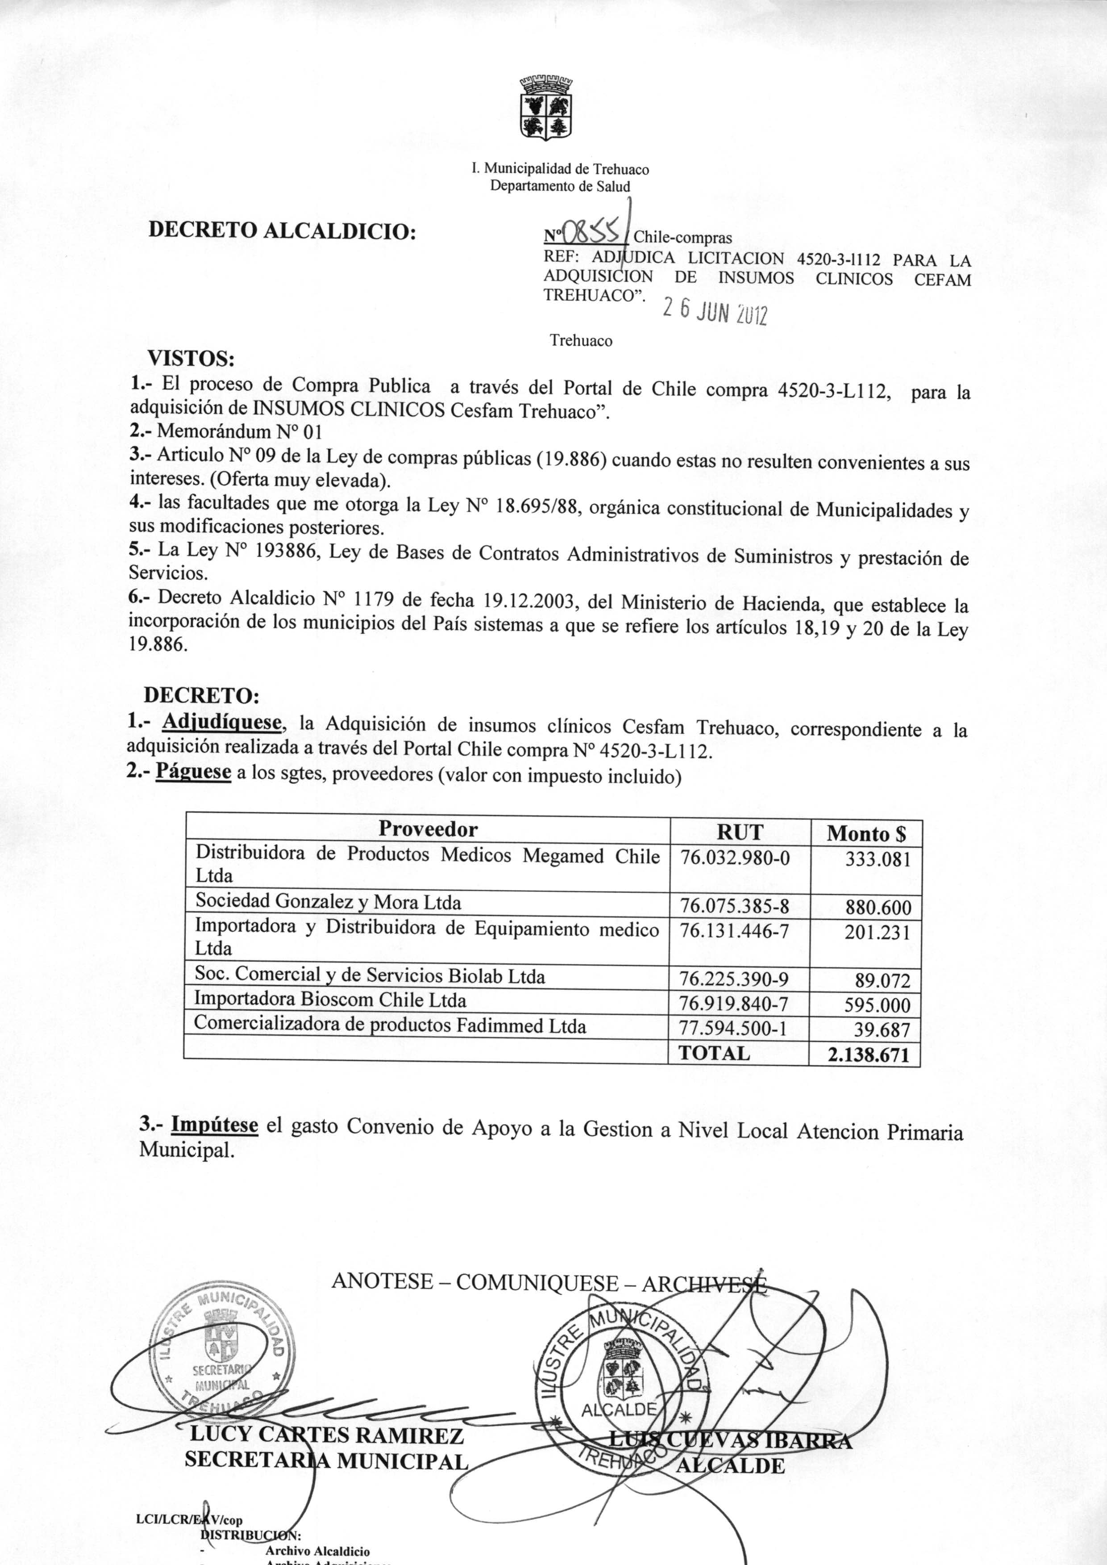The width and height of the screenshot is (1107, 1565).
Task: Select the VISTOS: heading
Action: click(x=191, y=359)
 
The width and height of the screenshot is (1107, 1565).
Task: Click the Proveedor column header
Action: click(x=428, y=829)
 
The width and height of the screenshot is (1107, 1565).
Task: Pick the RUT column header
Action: click(x=740, y=832)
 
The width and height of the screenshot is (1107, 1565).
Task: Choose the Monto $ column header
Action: click(x=866, y=833)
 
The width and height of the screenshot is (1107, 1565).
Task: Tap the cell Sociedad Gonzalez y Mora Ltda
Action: click(x=328, y=902)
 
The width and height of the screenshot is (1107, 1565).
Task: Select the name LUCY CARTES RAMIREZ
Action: click(x=326, y=1435)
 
